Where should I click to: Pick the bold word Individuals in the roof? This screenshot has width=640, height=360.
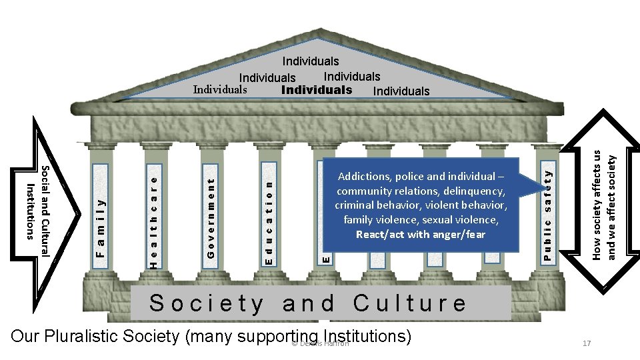pos(317,89)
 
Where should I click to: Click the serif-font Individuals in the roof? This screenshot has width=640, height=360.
pos(220,89)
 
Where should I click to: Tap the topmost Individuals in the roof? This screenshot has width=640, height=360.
pos(311,61)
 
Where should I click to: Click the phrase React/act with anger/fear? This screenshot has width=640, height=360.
pos(421,234)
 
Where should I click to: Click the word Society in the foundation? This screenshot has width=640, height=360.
pos(207,303)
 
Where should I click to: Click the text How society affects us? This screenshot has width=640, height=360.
pos(597,203)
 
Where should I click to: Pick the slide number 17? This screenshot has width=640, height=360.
pos(587,343)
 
